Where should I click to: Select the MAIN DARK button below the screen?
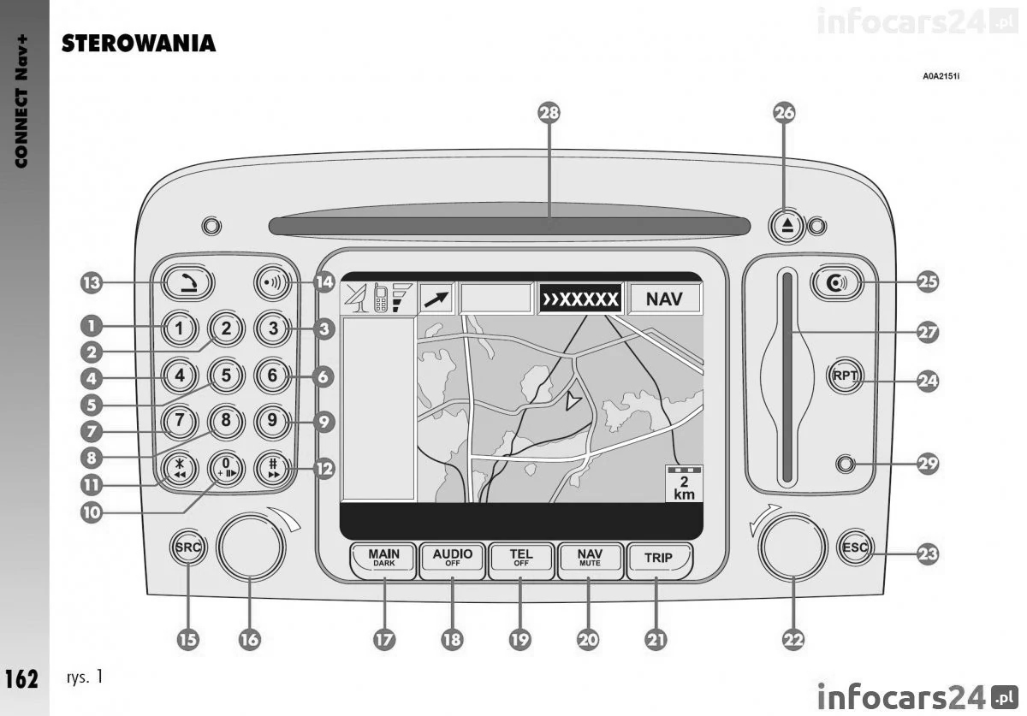tap(383, 559)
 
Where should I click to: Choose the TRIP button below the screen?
tap(658, 559)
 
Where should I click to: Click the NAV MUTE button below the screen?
tap(590, 559)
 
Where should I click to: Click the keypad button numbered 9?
tap(271, 421)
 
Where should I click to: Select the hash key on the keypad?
tap(271, 469)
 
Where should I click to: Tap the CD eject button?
tap(787, 225)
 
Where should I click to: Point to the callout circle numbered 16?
tap(249, 638)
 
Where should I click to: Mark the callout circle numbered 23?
tap(927, 553)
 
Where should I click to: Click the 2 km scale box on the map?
tap(684, 483)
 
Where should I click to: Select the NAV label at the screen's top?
tap(664, 300)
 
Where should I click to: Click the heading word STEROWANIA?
tap(138, 44)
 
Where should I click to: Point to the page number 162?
tap(21, 679)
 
